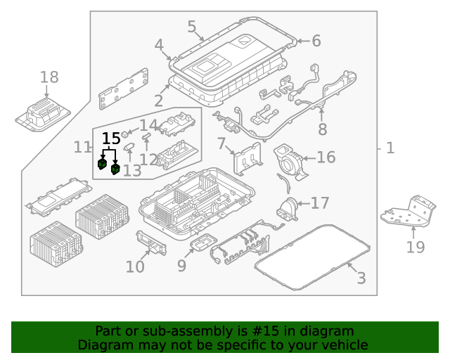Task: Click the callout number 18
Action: pyautogui.click(x=49, y=77)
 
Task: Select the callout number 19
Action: pyautogui.click(x=416, y=247)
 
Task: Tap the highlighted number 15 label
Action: pyautogui.click(x=111, y=139)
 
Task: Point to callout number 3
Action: pyautogui.click(x=361, y=278)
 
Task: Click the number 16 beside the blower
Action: pyautogui.click(x=326, y=157)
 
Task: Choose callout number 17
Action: pyautogui.click(x=320, y=203)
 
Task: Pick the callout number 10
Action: pyautogui.click(x=135, y=266)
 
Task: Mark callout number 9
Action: pyautogui.click(x=181, y=265)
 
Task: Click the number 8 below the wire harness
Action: pyautogui.click(x=323, y=129)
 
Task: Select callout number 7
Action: pyautogui.click(x=221, y=145)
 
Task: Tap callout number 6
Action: pyautogui.click(x=316, y=41)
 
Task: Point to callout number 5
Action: pyautogui.click(x=192, y=27)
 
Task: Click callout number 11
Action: pyautogui.click(x=82, y=147)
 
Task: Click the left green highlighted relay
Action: pyautogui.click(x=102, y=165)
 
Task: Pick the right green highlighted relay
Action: pyautogui.click(x=115, y=169)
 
